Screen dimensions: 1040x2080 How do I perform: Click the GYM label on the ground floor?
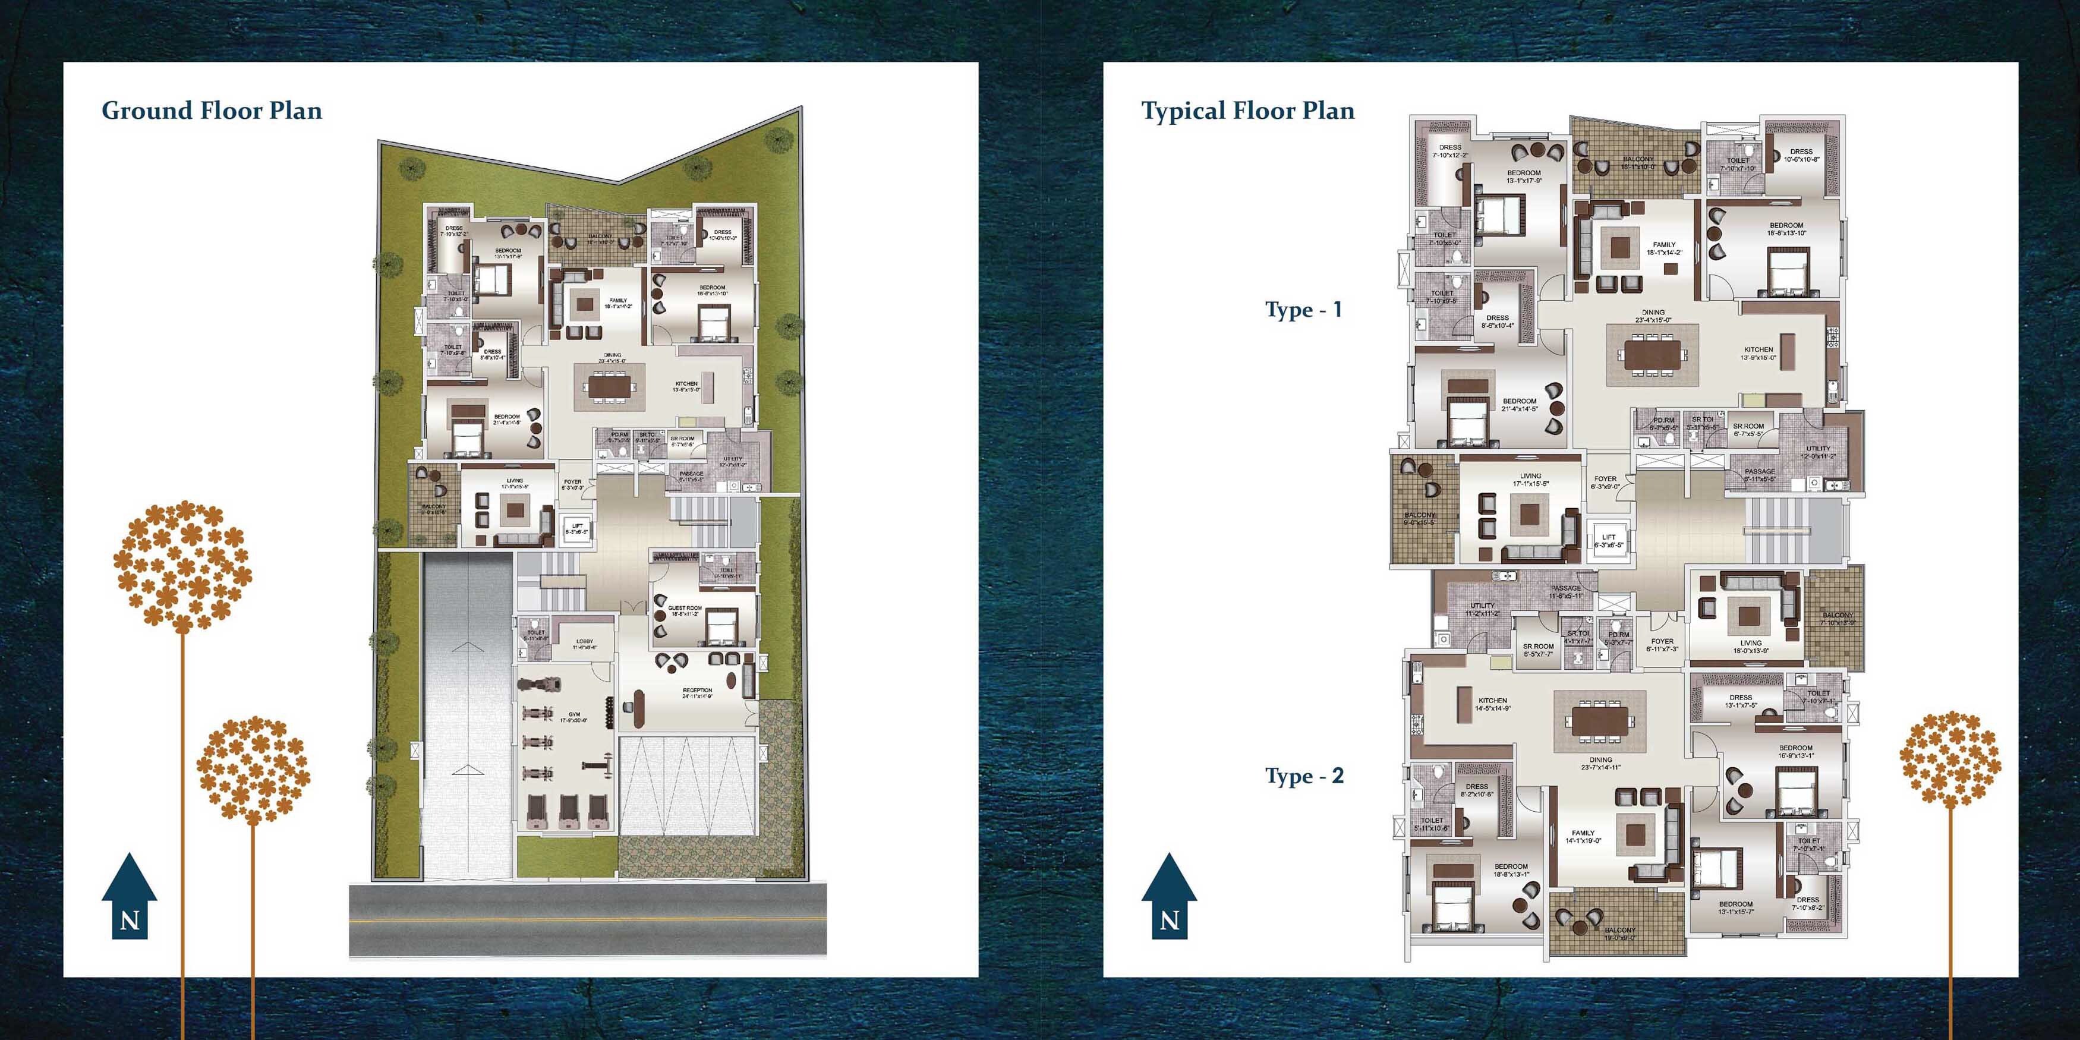point(574,716)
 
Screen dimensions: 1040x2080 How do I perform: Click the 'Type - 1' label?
point(1303,310)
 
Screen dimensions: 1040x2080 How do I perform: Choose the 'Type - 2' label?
point(1304,776)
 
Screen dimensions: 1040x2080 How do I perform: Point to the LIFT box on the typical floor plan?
point(1609,540)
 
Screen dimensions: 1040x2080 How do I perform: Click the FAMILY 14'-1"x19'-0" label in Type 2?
point(1583,837)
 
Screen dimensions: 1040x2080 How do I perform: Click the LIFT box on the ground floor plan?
point(577,529)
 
